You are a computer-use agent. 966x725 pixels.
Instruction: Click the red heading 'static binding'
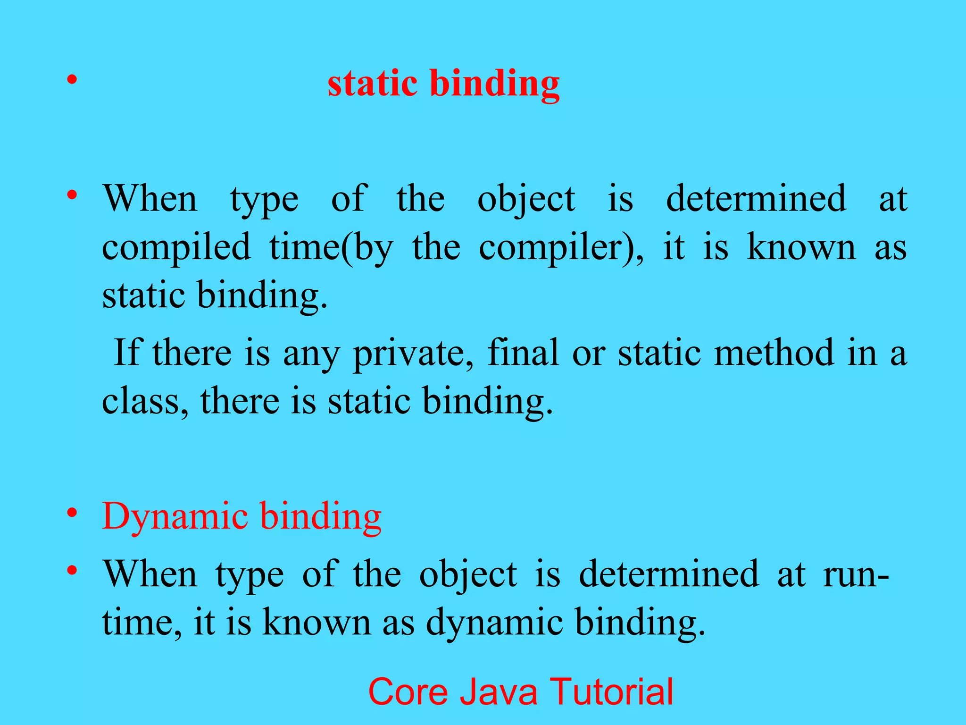click(443, 84)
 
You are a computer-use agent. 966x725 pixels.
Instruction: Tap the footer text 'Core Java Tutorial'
click(520, 691)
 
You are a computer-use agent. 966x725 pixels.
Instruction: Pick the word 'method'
click(774, 353)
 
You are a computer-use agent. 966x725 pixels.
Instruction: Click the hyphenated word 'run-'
click(856, 574)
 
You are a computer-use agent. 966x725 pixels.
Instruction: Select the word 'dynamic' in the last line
click(494, 623)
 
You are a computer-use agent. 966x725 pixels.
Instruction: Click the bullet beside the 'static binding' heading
click(72, 80)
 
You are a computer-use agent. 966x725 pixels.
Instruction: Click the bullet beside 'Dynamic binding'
click(72, 513)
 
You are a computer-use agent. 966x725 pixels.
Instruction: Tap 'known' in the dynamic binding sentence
click(316, 622)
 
